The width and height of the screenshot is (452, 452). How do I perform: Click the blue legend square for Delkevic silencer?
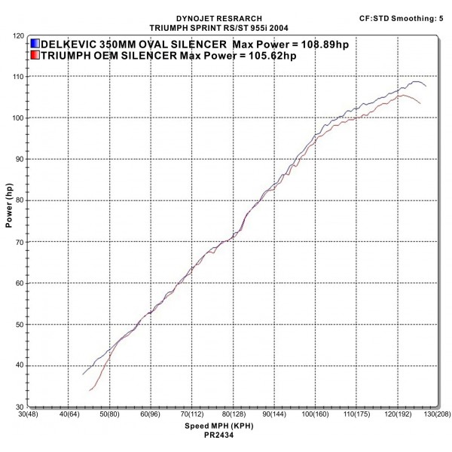[36, 44]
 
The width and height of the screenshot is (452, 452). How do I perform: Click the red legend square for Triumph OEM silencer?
[36, 55]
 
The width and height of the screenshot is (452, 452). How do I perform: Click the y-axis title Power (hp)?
[9, 208]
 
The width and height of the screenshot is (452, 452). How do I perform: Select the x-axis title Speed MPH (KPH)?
[218, 426]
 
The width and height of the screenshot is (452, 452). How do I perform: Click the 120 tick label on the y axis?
[17, 35]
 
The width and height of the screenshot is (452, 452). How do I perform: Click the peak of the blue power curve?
[416, 81]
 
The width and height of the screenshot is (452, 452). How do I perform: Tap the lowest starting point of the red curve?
[90, 390]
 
